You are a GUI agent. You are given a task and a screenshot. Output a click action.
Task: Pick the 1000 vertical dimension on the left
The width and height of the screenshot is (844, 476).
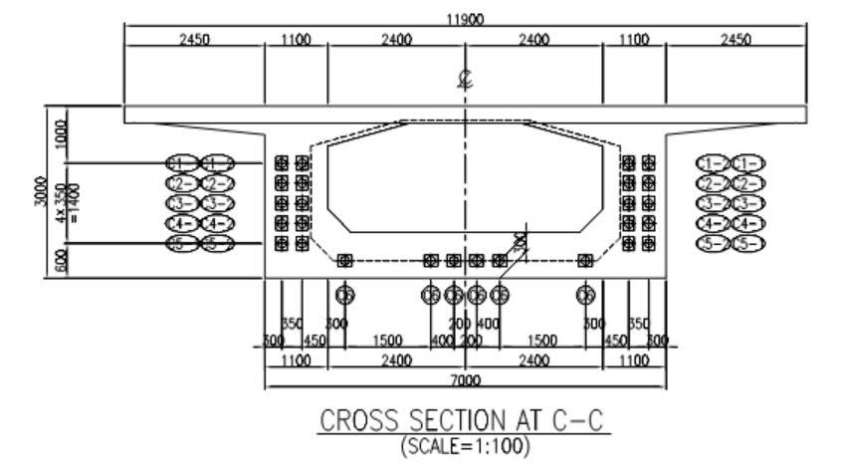(63, 132)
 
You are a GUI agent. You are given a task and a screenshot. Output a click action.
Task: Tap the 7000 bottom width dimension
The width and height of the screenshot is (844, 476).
(464, 380)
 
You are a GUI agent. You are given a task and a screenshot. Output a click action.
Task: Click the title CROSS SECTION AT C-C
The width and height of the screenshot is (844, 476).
(464, 421)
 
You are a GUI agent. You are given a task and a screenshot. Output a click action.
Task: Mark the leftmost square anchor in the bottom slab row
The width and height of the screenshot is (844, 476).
(345, 261)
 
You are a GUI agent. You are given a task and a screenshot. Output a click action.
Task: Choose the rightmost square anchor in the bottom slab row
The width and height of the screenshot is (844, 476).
(585, 261)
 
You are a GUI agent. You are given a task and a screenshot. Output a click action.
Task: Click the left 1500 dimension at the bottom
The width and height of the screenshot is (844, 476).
(387, 340)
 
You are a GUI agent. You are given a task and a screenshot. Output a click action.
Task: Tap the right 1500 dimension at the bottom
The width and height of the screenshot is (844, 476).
(542, 340)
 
